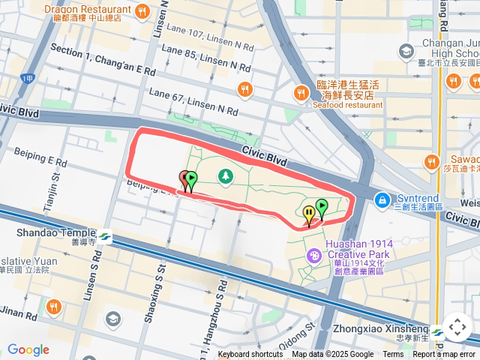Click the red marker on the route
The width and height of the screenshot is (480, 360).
coord(184,179)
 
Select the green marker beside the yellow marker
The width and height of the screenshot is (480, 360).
coord(322,206)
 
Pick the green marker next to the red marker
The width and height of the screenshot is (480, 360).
coord(191,180)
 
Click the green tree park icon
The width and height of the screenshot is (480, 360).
coord(224,176)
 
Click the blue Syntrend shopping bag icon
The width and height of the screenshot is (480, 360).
coord(382,200)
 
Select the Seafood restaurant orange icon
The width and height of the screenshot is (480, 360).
coord(301,92)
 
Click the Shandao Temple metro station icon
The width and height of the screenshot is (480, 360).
coord(104,234)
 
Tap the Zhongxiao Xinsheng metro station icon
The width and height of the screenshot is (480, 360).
coord(438,330)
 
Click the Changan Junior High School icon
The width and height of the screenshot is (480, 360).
coord(406,52)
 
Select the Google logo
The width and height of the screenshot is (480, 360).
coord(28,349)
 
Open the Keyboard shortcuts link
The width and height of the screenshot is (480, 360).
coord(250,355)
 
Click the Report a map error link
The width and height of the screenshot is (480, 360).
coord(445,355)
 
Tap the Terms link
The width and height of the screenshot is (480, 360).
coord(393,355)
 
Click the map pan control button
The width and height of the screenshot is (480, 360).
coord(457,328)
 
